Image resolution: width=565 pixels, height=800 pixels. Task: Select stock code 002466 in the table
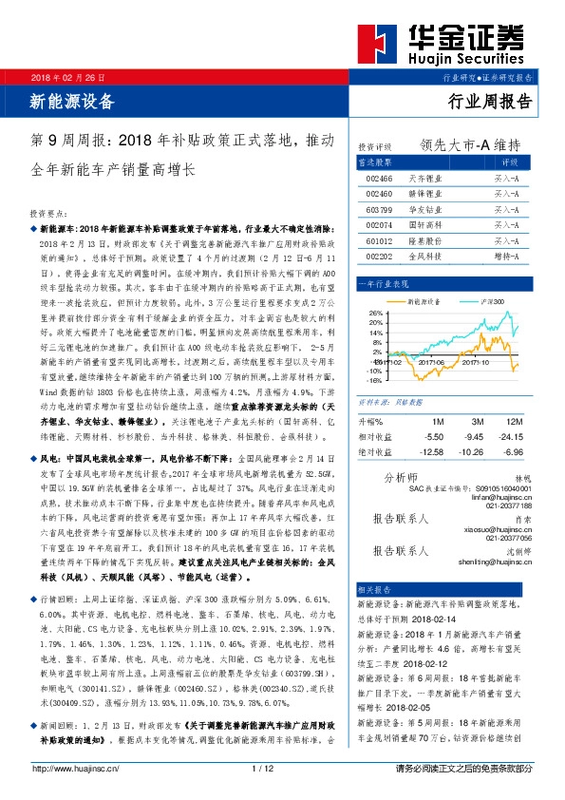point(379,178)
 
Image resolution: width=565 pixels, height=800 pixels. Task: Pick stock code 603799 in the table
point(379,208)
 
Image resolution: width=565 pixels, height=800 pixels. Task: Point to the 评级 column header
point(506,162)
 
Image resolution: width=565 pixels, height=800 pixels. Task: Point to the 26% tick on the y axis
point(374,312)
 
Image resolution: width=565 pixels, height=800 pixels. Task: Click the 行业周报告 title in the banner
point(490,101)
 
